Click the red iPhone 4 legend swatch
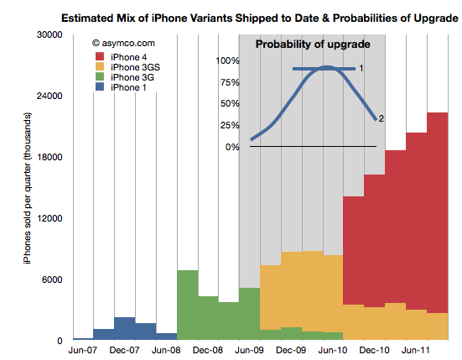(100, 57)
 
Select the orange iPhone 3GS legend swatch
(100, 66)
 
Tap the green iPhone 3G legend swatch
(100, 76)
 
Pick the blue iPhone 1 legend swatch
(100, 86)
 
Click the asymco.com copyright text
(123, 43)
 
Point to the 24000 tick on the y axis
(49, 96)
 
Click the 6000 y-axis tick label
(52, 279)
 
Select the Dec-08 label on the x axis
(208, 350)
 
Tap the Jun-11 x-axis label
(415, 350)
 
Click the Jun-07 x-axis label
(82, 350)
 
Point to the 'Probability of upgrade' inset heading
(313, 44)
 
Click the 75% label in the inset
(230, 82)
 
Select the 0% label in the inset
(232, 147)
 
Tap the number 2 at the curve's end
(382, 118)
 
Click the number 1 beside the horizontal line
(361, 69)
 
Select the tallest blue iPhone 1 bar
(125, 329)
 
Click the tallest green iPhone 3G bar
(188, 305)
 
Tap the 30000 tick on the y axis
(49, 34)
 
